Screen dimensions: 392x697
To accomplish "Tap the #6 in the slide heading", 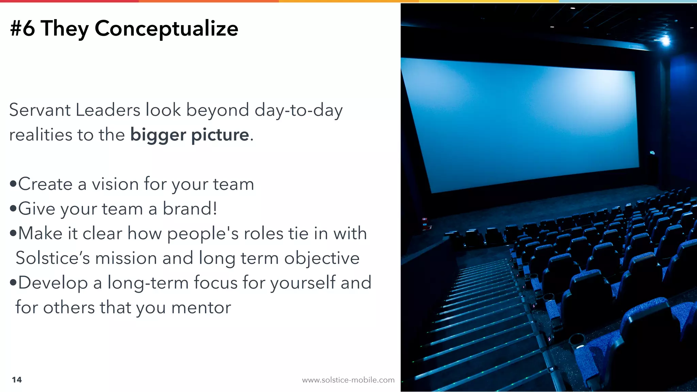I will click(22, 29).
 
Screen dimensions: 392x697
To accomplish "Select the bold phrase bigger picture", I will click(190, 135).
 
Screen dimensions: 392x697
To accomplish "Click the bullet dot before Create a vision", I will click(13, 184).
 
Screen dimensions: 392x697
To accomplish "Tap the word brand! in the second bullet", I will click(190, 209).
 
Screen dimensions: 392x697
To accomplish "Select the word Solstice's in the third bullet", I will click(53, 258).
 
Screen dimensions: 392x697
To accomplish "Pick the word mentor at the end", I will click(201, 308).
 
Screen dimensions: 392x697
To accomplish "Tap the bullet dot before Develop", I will click(13, 283).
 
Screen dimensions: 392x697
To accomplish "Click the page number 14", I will click(17, 380).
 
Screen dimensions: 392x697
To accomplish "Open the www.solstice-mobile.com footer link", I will click(348, 380).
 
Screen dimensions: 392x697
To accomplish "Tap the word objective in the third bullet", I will click(322, 258).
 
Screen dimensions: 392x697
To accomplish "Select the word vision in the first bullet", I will click(115, 184).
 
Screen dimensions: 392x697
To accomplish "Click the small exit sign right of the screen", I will click(652, 153).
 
